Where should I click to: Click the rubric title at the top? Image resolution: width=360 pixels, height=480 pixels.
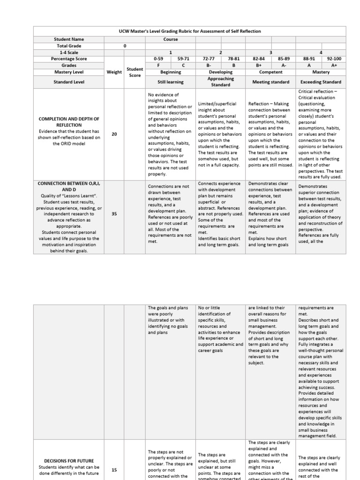point(189,31)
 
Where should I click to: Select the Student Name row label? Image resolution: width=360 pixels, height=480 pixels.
point(69,39)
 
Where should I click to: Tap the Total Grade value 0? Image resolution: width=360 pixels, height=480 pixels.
point(125,46)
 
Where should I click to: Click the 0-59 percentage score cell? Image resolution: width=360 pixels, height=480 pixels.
point(158,59)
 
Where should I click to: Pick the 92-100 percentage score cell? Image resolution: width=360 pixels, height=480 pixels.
point(334,59)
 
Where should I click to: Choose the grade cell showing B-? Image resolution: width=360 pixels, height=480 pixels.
point(208,66)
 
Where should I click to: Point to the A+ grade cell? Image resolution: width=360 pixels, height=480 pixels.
point(334,66)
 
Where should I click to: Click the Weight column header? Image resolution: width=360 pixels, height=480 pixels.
point(114,72)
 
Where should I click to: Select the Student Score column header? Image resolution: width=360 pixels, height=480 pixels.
point(135,72)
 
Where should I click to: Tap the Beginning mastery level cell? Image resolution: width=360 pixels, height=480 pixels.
point(170,72)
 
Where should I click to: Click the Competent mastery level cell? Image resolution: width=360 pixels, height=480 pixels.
point(271,72)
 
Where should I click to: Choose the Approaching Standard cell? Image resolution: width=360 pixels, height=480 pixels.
point(220,82)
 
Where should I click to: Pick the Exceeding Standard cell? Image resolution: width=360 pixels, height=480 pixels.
point(321,82)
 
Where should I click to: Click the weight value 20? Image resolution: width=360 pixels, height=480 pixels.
point(114,134)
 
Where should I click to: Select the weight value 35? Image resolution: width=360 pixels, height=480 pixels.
point(114,214)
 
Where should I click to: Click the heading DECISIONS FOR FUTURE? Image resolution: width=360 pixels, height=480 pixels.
point(69,460)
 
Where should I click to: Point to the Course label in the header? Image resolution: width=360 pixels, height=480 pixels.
point(170,39)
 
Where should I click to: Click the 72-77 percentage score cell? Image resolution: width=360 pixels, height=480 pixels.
point(208,59)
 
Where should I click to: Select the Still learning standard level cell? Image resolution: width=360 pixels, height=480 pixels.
point(170,82)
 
